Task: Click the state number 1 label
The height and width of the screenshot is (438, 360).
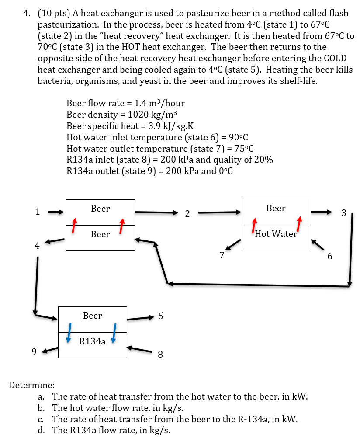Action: coord(38,212)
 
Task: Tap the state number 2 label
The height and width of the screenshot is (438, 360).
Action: coord(187,214)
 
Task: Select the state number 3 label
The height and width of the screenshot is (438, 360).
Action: coord(343,213)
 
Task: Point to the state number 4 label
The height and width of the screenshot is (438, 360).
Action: coord(37,246)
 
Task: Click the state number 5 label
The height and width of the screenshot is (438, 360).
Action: coord(160,316)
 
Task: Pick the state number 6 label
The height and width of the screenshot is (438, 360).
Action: coord(330,256)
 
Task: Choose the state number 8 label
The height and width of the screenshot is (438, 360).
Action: coord(160,355)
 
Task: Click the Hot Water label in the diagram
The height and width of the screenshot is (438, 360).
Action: coord(276,234)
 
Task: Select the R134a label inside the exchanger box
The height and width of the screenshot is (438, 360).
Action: coord(92,341)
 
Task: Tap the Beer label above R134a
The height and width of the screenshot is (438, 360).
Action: coord(92,316)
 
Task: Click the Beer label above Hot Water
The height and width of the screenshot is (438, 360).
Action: coord(276,209)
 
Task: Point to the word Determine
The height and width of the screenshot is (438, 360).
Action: coord(32,385)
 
